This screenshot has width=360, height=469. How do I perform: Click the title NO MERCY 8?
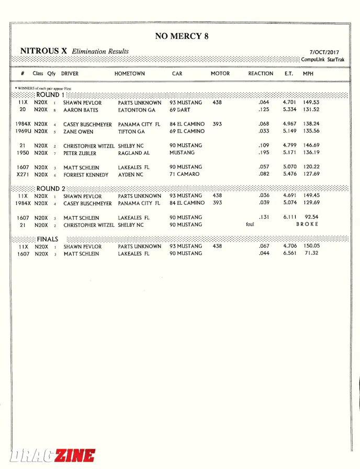178,36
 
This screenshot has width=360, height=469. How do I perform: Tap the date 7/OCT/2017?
324,52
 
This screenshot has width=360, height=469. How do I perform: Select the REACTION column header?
261,74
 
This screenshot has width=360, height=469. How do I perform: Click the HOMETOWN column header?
130,74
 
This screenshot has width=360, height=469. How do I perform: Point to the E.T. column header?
289,74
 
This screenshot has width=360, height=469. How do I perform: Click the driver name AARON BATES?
81,110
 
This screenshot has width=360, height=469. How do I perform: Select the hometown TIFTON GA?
131,132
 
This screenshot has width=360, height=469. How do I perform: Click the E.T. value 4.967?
289,124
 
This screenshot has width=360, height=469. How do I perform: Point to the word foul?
250,225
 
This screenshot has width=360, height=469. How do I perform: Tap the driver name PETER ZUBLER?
81,153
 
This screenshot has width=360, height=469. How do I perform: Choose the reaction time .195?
264,153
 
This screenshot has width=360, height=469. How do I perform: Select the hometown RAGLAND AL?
134,153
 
